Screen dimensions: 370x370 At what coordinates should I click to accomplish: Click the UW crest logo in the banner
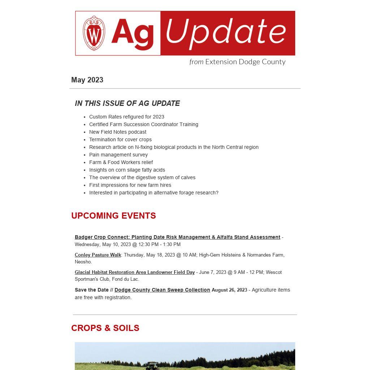point(94,33)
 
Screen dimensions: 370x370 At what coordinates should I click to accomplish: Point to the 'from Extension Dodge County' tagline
point(237,62)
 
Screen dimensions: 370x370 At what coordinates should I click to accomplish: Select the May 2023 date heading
point(87,80)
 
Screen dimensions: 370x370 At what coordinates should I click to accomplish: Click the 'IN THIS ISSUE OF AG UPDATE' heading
point(127,103)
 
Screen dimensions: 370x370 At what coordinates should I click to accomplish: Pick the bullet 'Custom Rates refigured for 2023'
point(126,117)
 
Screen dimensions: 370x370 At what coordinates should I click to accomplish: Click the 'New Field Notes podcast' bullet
point(117,132)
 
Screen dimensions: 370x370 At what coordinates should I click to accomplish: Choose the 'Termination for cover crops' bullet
point(120,139)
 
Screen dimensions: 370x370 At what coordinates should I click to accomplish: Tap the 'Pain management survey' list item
point(118,155)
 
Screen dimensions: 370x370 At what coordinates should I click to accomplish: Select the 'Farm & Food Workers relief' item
point(121,162)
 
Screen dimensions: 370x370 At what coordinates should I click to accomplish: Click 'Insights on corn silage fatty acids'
point(127,170)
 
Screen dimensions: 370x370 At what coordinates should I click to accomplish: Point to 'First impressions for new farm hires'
point(130,185)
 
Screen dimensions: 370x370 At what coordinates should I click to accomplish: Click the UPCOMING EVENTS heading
point(113,216)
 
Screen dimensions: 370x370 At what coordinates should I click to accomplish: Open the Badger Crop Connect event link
point(177,237)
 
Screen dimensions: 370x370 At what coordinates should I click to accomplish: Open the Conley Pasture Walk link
point(98,255)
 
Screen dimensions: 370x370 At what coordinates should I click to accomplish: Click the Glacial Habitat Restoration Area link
point(135,272)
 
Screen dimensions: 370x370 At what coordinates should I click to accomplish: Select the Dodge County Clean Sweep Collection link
point(162,290)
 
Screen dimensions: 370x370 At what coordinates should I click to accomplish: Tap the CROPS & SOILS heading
point(105,328)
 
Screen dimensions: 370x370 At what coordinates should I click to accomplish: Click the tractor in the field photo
point(152,365)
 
